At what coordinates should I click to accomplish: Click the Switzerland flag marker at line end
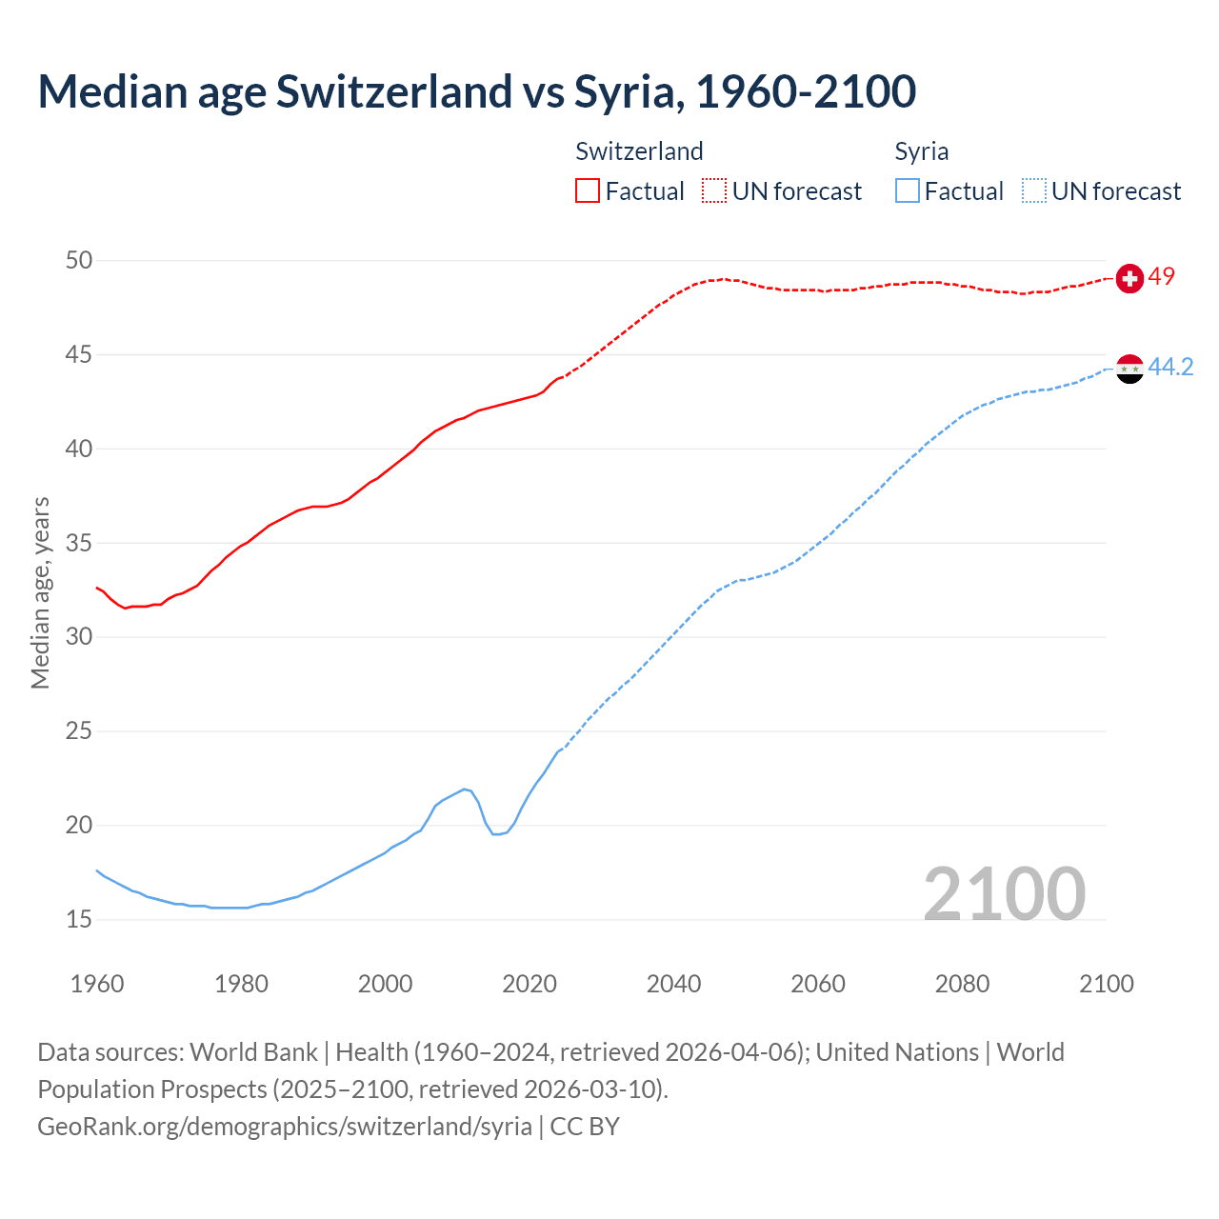1129,278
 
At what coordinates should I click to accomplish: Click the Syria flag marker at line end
1129,369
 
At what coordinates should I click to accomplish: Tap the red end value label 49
1162,276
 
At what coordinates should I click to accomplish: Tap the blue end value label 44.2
1171,367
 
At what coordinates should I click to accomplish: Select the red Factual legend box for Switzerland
588,190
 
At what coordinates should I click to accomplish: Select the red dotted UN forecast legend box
714,190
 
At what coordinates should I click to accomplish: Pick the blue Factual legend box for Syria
908,190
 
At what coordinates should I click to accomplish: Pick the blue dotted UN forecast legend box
1034,190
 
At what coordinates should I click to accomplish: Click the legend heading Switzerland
639,151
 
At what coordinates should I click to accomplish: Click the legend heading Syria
921,151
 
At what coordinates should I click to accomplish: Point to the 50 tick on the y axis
79,260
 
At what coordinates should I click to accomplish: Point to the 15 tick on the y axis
79,919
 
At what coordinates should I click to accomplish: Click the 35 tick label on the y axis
79,543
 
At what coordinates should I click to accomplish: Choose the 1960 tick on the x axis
97,983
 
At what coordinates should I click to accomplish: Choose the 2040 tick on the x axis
673,983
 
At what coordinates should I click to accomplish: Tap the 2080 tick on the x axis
962,983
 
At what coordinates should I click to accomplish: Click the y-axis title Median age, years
40,592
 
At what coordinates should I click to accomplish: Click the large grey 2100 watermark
1005,893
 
